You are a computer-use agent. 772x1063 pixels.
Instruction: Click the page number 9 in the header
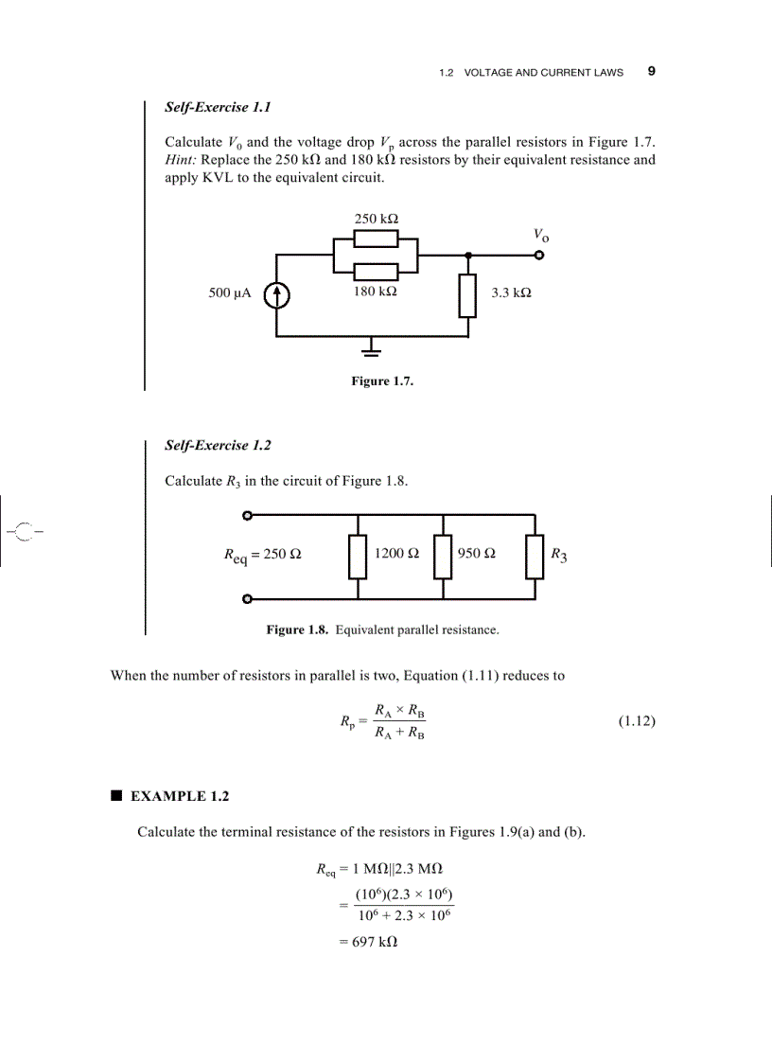pos(651,71)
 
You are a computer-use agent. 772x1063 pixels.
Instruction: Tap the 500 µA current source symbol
pos(276,295)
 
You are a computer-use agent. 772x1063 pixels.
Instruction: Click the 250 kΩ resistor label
pos(376,219)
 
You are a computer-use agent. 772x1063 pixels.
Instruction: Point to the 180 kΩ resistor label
pos(376,292)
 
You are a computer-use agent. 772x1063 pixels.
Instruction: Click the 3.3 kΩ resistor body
pos(467,295)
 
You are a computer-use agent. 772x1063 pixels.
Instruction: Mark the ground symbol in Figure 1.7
pos(374,349)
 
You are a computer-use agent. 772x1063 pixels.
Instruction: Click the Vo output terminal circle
pos(539,255)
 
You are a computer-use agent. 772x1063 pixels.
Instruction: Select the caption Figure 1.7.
pos(382,381)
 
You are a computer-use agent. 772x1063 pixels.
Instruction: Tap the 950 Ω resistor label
pos(476,553)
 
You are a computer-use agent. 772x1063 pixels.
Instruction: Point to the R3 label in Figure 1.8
pos(559,555)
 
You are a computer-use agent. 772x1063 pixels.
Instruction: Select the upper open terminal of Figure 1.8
pos(247,516)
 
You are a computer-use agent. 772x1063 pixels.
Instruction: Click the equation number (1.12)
pos(637,721)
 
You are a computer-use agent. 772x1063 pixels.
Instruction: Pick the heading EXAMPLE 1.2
pos(179,797)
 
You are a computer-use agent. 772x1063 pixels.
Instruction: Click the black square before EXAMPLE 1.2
pos(115,796)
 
